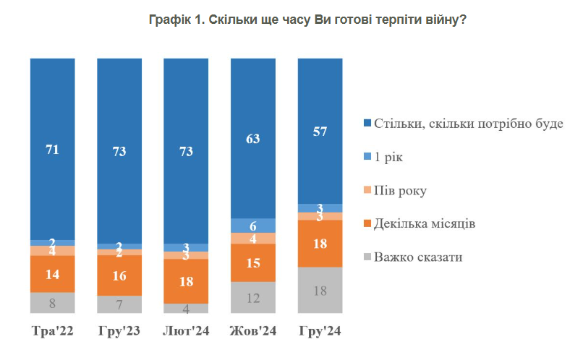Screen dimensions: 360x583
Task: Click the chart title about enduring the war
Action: tap(307, 21)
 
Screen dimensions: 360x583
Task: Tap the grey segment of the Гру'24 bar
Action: tap(320, 290)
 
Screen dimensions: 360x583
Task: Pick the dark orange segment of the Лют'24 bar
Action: tap(186, 280)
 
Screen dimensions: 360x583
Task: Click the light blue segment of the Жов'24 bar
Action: tap(252, 225)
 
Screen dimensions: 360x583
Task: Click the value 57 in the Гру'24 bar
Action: tap(320, 131)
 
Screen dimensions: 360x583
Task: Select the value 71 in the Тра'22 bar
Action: tap(52, 150)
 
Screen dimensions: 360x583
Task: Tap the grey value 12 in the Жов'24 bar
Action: tap(252, 297)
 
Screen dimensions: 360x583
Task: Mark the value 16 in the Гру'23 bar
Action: tap(119, 275)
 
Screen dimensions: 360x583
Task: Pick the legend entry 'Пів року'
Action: tap(400, 190)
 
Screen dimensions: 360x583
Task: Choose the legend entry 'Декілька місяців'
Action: tap(424, 223)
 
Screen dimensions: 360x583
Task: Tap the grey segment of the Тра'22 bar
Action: tap(52, 303)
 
